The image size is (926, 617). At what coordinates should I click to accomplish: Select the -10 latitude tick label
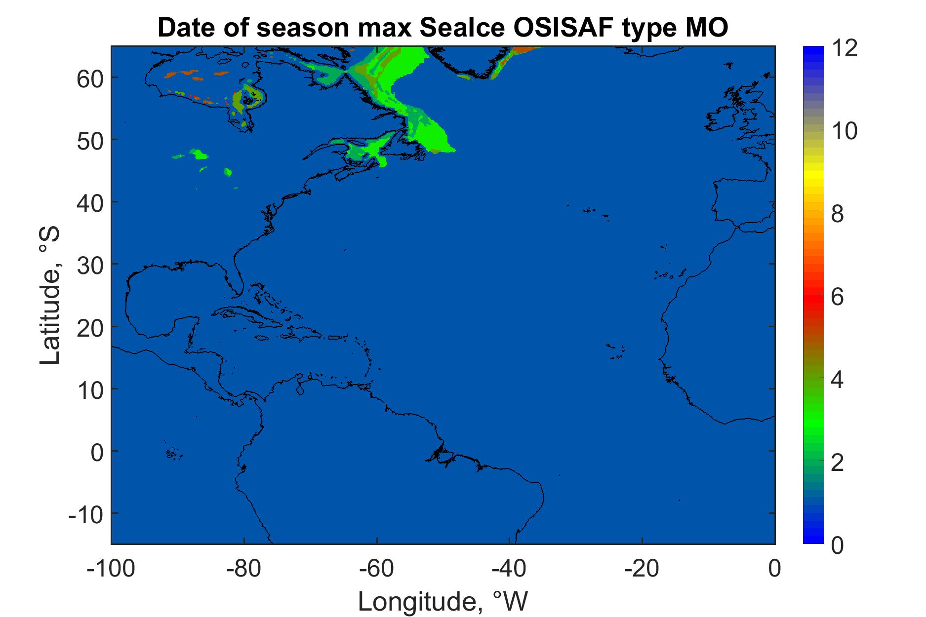tap(86, 513)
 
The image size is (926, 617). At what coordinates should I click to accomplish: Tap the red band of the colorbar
tap(814, 296)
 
